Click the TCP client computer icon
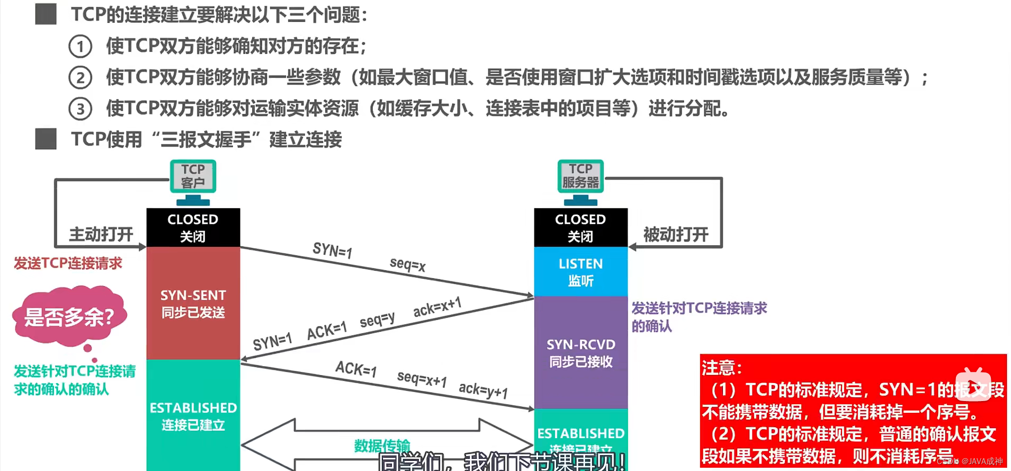click(x=193, y=182)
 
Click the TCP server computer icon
click(x=580, y=182)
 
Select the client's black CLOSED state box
click(x=193, y=227)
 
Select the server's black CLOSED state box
click(x=580, y=227)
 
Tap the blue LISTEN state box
click(x=580, y=272)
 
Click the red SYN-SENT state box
click(x=193, y=304)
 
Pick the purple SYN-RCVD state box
click(x=580, y=353)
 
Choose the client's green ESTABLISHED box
click(x=193, y=416)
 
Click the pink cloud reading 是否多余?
click(x=69, y=317)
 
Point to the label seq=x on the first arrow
click(x=407, y=264)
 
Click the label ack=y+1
click(x=483, y=390)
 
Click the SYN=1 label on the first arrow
click(x=332, y=250)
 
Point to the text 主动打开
click(x=101, y=234)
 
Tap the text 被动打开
click(x=676, y=234)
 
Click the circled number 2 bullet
click(x=80, y=78)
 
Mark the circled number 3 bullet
click(x=80, y=109)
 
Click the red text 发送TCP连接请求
click(x=68, y=263)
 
